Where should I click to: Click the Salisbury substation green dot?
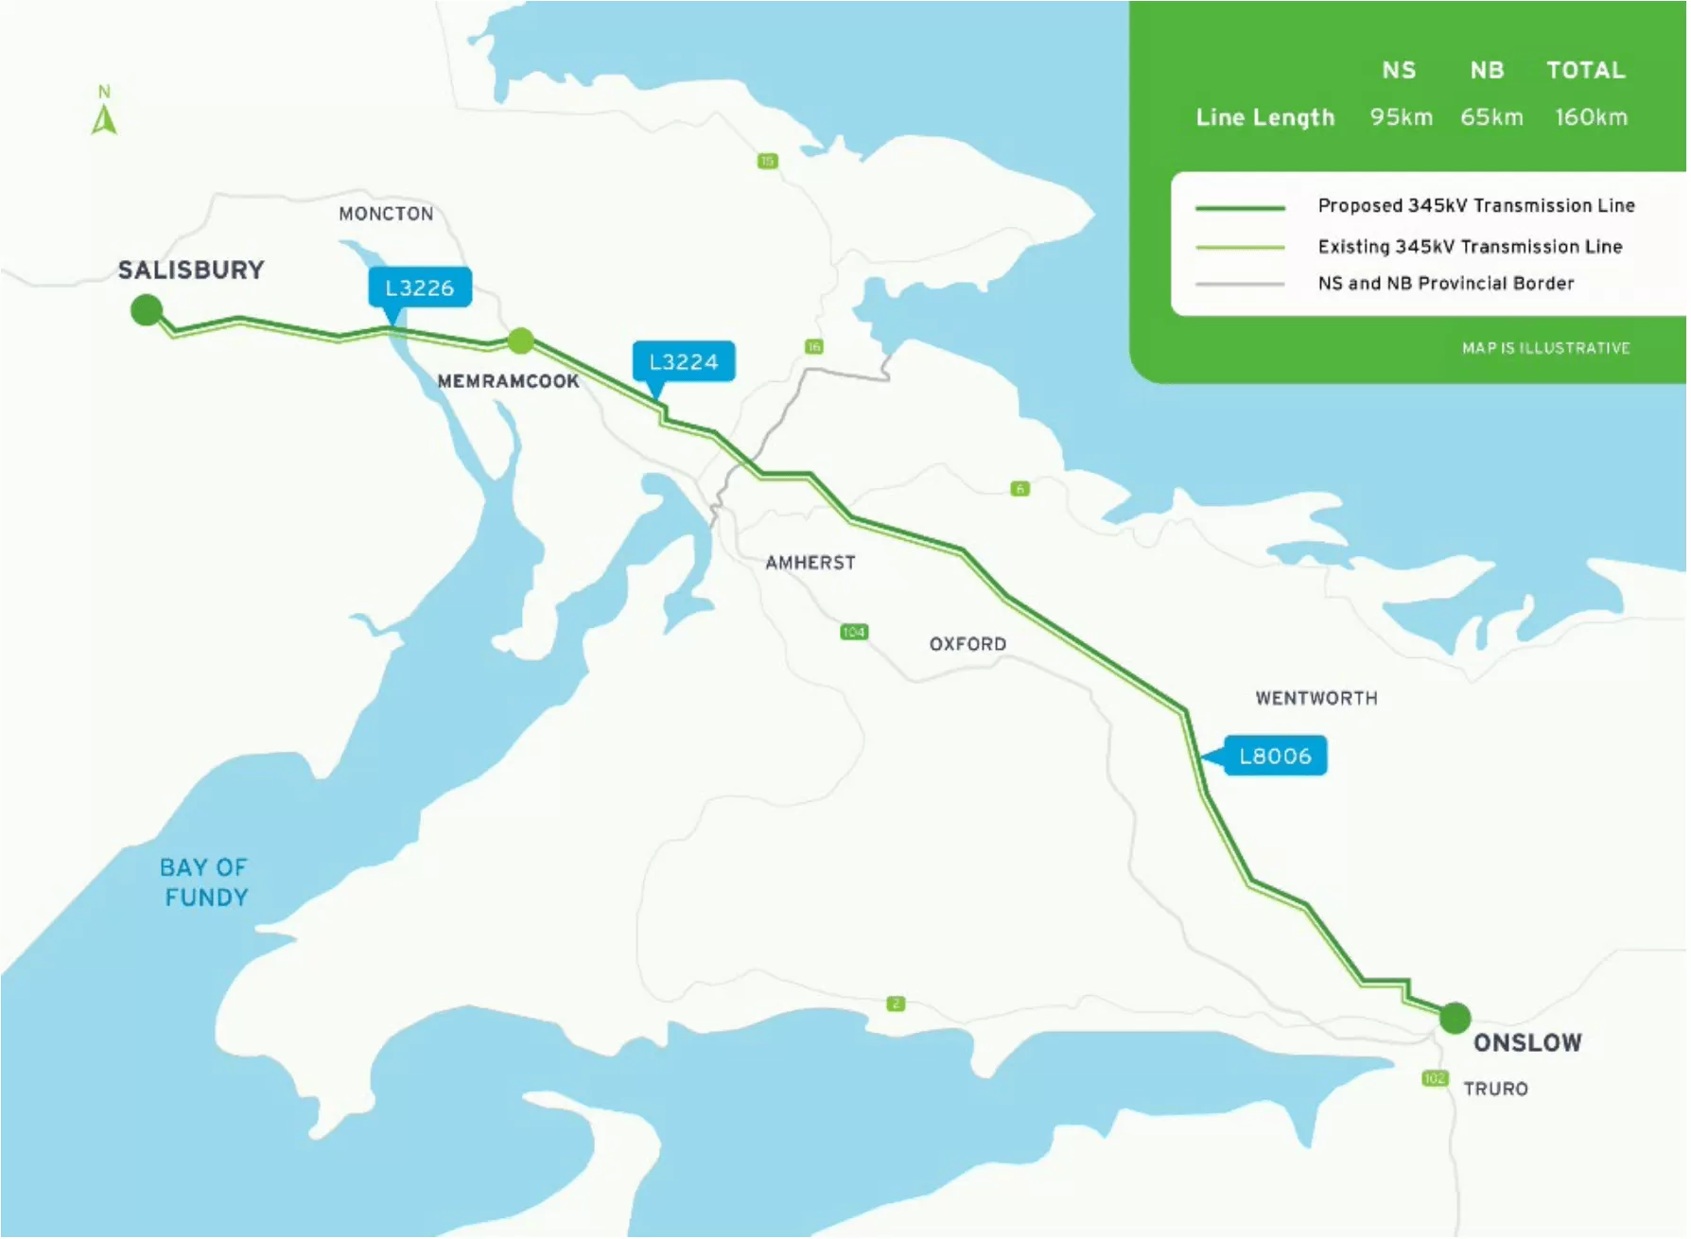tap(147, 309)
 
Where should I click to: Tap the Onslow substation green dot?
tap(1455, 1018)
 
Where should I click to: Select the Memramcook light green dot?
tap(520, 340)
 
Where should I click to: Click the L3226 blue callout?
tap(419, 288)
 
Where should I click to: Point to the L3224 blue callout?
tap(683, 361)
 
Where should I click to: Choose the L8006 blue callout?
tap(1275, 756)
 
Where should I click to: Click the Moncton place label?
tap(386, 214)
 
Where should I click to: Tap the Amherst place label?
tap(811, 563)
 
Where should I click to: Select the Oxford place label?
tap(968, 644)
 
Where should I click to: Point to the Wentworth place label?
tap(1316, 698)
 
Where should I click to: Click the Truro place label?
tap(1495, 1089)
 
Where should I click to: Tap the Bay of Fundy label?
tap(204, 882)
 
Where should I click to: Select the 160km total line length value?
tap(1591, 117)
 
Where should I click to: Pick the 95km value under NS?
tap(1401, 117)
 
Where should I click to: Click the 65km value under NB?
tap(1491, 117)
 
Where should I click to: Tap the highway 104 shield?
tap(853, 632)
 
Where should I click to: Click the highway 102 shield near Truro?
tap(1434, 1078)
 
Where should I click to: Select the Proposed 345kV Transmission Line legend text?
tap(1475, 205)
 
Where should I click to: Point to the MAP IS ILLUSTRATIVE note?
tap(1545, 348)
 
